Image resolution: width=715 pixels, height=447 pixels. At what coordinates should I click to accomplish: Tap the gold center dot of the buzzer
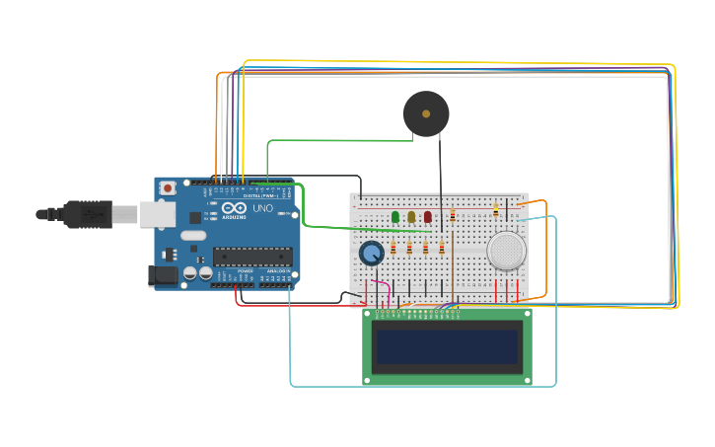pos(426,113)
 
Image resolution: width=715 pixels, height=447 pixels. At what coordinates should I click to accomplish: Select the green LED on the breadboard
pos(395,217)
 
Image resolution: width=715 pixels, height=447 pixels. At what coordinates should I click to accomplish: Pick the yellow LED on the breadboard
pos(411,217)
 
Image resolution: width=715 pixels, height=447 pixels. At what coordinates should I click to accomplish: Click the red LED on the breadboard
pos(427,217)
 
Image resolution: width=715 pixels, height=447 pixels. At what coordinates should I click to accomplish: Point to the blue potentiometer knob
pos(372,254)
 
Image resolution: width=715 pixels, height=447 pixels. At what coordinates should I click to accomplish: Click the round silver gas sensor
pos(506,251)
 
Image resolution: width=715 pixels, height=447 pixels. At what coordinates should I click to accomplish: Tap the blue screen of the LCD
pos(447,346)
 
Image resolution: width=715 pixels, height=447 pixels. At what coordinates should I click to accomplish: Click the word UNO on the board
pos(263,209)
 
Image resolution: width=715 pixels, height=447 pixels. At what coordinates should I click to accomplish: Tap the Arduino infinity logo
pos(237,208)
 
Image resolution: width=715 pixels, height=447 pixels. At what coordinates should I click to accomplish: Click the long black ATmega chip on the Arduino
pos(252,257)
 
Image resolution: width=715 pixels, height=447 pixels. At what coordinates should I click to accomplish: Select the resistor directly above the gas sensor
pos(495,209)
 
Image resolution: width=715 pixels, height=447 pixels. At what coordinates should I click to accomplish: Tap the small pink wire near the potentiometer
pos(379,292)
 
